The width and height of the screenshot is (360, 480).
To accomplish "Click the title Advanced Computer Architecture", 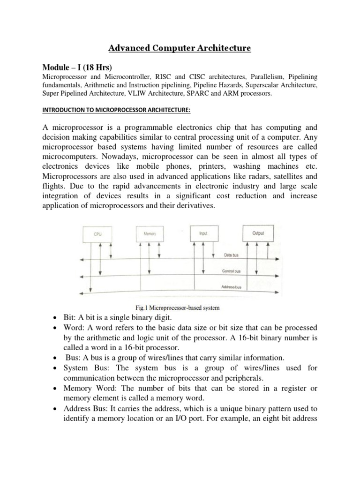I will [x=180, y=48].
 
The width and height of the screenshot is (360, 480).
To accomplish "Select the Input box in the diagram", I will [x=202, y=232].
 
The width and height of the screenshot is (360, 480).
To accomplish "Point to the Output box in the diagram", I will [x=258, y=232].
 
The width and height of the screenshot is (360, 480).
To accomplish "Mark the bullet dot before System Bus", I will [x=56, y=368].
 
